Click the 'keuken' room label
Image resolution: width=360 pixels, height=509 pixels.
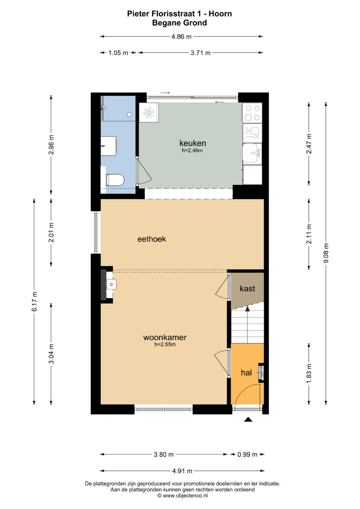point(193,143)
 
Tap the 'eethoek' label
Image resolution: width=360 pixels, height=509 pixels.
point(152,239)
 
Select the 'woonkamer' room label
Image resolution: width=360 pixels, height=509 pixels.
point(165,337)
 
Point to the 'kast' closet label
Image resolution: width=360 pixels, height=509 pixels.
point(247,289)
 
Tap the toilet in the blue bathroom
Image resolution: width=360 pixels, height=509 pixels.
point(115,180)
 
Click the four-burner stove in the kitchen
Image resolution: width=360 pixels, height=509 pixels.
point(252,113)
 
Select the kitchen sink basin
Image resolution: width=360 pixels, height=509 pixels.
point(251,153)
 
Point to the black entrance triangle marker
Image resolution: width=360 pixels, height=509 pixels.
point(248,419)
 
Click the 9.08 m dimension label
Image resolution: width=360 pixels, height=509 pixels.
point(326,253)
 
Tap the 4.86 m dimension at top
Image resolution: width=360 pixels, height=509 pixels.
point(181,36)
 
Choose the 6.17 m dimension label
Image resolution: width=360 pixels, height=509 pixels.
point(34,301)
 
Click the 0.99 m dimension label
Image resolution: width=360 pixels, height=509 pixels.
point(247,454)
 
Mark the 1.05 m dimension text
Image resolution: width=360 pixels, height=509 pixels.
point(118,53)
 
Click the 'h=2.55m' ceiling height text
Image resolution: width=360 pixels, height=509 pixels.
point(165,344)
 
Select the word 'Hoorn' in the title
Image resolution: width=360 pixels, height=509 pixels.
point(220,14)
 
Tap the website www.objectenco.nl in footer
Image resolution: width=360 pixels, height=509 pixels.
point(185,496)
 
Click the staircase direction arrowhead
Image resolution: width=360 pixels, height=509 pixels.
point(247,308)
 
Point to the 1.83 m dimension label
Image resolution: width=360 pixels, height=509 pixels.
point(309,373)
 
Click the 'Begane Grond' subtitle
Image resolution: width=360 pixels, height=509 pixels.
point(180,23)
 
